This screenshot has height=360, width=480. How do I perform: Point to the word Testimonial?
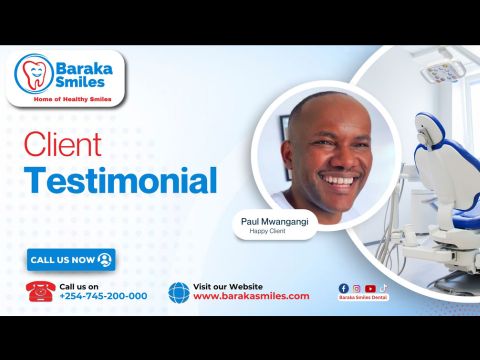pos(120,181)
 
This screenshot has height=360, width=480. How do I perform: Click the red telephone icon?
pos(41,290)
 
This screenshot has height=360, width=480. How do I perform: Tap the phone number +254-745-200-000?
pos(103,296)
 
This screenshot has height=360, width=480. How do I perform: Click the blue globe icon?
pos(179,291)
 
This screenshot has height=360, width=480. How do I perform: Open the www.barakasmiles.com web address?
pos(251,296)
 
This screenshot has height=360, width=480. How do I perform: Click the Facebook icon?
pos(344,288)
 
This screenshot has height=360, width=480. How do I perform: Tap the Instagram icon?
pos(357,288)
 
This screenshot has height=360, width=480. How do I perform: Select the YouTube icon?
pos(370,288)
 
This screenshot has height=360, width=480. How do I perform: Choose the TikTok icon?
pos(383,288)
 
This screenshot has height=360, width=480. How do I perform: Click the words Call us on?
pos(79,285)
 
